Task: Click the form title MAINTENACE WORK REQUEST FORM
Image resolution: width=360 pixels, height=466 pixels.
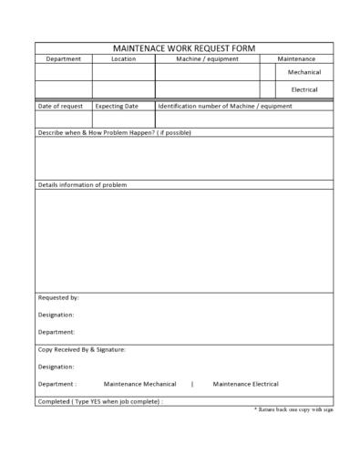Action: coord(183,47)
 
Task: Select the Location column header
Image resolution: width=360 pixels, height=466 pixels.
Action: coord(123,59)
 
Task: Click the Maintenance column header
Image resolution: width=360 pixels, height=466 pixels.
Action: coord(296,59)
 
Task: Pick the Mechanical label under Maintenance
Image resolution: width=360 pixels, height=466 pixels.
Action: coord(303,72)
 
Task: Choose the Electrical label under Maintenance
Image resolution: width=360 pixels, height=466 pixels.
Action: coord(303,89)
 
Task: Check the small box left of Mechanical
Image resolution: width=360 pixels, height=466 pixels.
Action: coord(268,72)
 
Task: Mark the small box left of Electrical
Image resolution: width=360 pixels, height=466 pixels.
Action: coord(268,89)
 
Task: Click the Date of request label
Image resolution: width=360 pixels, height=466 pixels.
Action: coord(60,106)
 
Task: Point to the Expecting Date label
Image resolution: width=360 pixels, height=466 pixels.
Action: coord(117,106)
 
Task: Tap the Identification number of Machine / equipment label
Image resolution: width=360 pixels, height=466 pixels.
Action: coord(224,106)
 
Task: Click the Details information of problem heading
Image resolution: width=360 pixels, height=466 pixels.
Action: coord(82,185)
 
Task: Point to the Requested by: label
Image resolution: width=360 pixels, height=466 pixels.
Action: coord(58,297)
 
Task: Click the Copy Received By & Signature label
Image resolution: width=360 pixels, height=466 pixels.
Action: coord(82,349)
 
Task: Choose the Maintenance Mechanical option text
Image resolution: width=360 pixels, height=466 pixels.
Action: coord(139,384)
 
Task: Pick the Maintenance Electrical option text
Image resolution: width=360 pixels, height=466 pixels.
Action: coord(245,384)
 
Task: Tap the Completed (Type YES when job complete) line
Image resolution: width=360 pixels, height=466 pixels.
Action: coord(100,401)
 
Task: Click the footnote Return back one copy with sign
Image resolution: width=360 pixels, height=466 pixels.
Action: coord(293,410)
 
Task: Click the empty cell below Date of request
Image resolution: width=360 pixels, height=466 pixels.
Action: coord(64,119)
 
